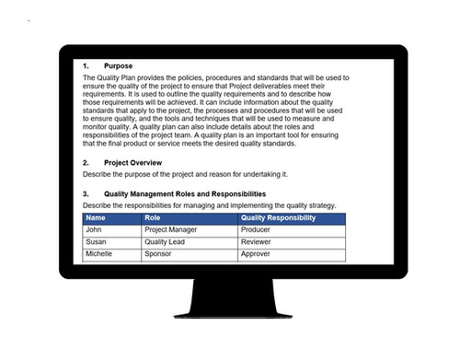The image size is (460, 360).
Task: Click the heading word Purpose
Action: point(118,66)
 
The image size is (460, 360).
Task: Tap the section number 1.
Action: point(86,66)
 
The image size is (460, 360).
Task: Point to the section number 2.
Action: point(86,162)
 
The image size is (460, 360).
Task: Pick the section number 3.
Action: point(86,194)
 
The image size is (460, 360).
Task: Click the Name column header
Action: point(96,218)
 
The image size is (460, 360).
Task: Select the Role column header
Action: point(154,218)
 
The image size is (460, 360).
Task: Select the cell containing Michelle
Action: point(98,253)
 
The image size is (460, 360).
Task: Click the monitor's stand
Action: point(230,308)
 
